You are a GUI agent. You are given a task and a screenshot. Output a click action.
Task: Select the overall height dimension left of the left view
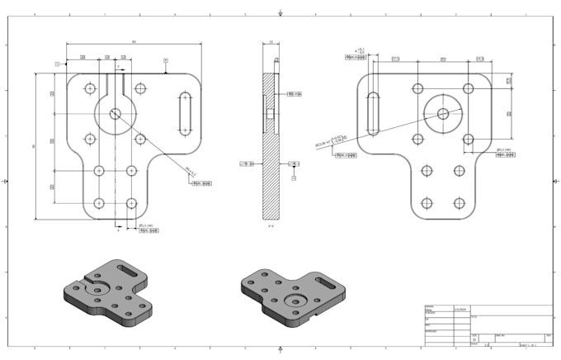(x=35, y=146)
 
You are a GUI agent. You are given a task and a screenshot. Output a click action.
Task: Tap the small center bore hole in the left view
(x=115, y=113)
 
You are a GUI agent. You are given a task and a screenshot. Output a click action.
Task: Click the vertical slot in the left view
(x=184, y=113)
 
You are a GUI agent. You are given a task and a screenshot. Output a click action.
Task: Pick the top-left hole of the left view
(x=89, y=88)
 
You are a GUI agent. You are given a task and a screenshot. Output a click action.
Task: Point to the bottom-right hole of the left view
(x=130, y=203)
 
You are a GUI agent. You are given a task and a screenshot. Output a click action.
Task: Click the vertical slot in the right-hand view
(x=374, y=113)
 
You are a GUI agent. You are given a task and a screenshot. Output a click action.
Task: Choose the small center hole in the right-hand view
(x=443, y=113)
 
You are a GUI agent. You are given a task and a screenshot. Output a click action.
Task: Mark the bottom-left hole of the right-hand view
(x=427, y=203)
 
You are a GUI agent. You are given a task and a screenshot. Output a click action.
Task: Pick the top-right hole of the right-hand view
(x=469, y=88)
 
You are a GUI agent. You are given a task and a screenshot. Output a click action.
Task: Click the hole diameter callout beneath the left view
(x=148, y=230)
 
